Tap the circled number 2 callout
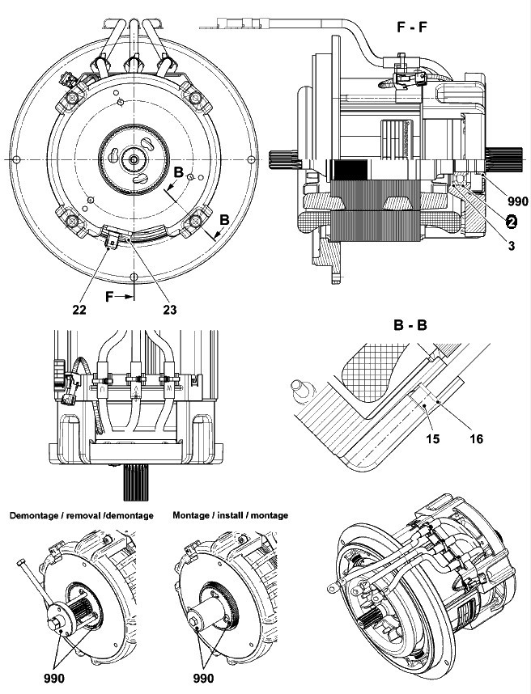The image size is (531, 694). tap(512, 220)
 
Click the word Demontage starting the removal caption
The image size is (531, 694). tap(34, 515)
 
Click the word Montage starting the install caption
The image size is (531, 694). tap(194, 515)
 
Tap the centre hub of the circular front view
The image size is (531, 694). tap(133, 160)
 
